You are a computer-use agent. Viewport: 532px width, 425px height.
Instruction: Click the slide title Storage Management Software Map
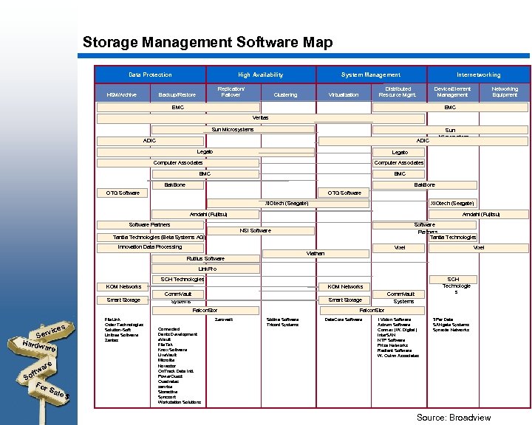pos(208,42)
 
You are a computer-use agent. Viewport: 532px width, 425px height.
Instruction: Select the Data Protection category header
pos(150,75)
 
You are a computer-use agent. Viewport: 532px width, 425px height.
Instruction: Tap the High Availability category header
pos(260,75)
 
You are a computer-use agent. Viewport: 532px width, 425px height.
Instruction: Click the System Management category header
pos(370,75)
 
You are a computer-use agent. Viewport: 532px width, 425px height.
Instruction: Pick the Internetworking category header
pos(478,75)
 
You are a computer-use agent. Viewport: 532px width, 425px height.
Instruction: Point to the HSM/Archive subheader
pos(121,94)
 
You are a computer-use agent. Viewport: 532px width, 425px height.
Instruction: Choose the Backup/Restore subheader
pos(177,94)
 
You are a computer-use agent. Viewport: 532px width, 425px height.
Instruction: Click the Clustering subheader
pos(285,94)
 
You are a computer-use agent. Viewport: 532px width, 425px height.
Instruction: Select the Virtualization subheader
pos(342,94)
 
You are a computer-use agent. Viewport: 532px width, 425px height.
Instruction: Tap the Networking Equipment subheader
pos(505,91)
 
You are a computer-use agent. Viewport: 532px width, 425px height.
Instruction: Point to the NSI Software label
pos(255,231)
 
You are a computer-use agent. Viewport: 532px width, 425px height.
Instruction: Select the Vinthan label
pos(316,254)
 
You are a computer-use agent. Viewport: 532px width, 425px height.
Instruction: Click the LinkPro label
pos(208,269)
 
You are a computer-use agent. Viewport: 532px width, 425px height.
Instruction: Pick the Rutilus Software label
pos(205,259)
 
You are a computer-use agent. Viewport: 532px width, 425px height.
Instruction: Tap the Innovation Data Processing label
pos(150,247)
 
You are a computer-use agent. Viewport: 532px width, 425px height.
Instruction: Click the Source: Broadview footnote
pos(453,418)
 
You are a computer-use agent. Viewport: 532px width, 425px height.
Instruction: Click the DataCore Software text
pos(344,319)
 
